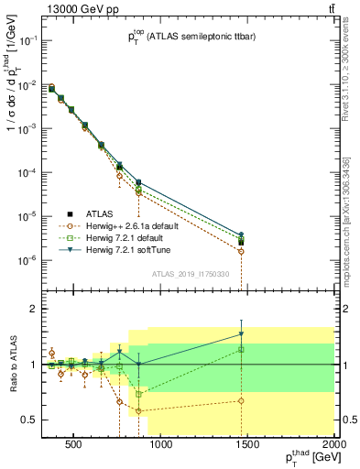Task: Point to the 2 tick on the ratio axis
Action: pyautogui.click(x=31, y=309)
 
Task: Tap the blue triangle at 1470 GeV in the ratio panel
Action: pyautogui.click(x=242, y=333)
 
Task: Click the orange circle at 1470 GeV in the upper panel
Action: pyautogui.click(x=242, y=251)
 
